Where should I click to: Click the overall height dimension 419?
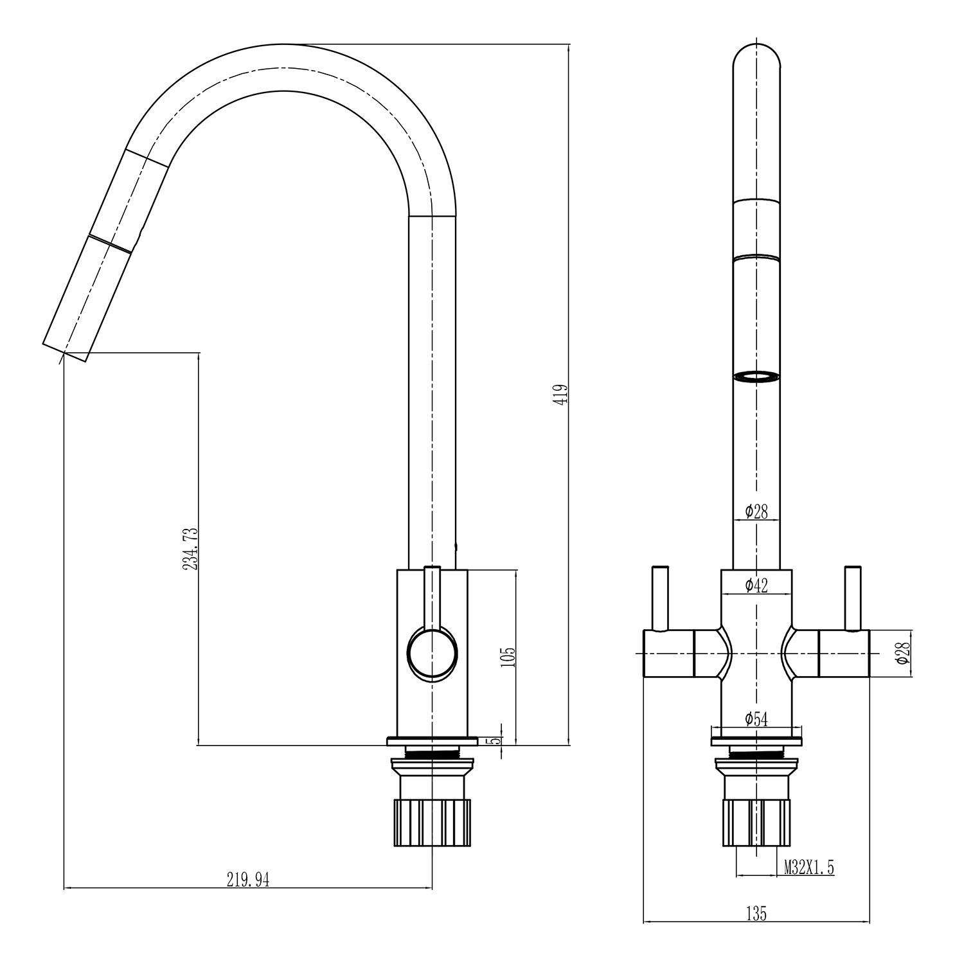[x=562, y=394]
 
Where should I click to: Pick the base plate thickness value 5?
[x=495, y=740]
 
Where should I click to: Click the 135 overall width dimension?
[x=756, y=913]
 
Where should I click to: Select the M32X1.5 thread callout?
[x=808, y=868]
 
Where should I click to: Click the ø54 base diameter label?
[x=756, y=719]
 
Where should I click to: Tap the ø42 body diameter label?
[x=756, y=584]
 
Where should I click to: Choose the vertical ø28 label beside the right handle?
[x=904, y=653]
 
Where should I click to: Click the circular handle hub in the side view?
[x=433, y=654]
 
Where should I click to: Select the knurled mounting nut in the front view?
[x=756, y=823]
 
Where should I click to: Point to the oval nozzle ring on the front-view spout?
[x=756, y=377]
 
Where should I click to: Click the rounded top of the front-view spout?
[x=756, y=55]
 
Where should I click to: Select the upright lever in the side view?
[x=432, y=598]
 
